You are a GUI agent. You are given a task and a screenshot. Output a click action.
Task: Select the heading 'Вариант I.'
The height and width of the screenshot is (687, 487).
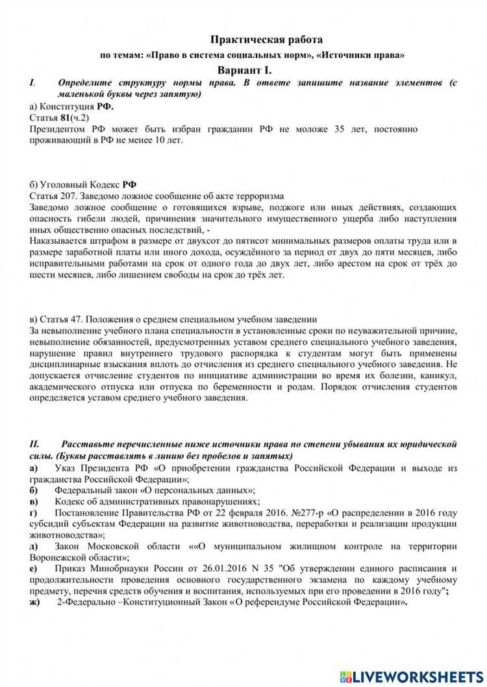243,70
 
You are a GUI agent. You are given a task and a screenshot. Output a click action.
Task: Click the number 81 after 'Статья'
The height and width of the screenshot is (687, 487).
65,117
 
